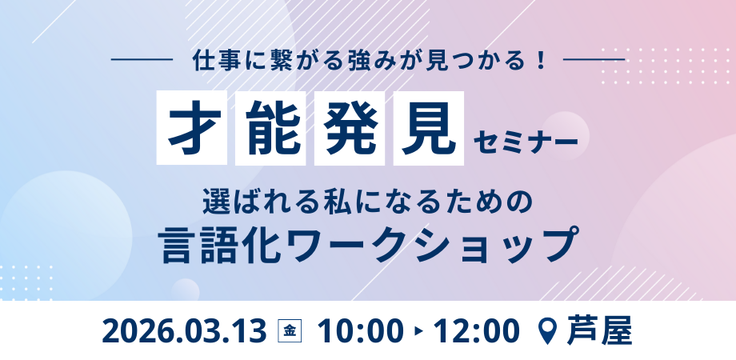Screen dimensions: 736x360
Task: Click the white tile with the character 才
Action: tap(191, 128)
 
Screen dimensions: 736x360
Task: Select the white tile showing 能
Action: tap(270, 128)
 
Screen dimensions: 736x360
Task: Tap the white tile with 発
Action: tap(350, 128)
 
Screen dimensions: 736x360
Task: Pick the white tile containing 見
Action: tap(429, 128)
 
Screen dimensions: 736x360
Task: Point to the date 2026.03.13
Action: tap(184, 331)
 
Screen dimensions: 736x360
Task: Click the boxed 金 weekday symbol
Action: tap(290, 331)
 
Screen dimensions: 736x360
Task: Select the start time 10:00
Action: tap(361, 331)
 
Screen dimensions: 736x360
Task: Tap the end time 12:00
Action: tap(477, 331)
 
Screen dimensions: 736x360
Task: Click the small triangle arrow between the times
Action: tap(418, 332)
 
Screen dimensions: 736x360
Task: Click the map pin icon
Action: tap(549, 332)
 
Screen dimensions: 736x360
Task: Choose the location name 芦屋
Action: tap(599, 331)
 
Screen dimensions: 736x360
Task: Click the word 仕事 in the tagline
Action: tap(211, 61)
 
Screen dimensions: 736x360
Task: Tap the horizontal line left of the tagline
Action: tap(142, 60)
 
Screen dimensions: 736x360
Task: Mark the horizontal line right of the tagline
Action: tap(594, 60)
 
